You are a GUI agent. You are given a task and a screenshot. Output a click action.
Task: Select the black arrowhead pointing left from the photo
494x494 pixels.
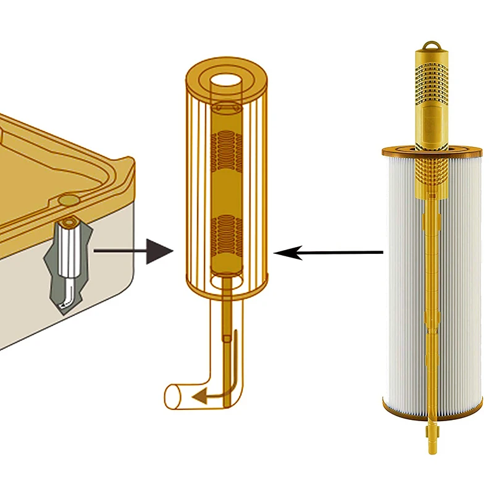click(x=285, y=253)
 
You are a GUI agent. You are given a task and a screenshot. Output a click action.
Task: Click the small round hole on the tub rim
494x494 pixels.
click(x=67, y=200)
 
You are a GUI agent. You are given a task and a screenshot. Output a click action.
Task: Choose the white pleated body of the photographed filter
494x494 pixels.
click(x=401, y=278)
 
